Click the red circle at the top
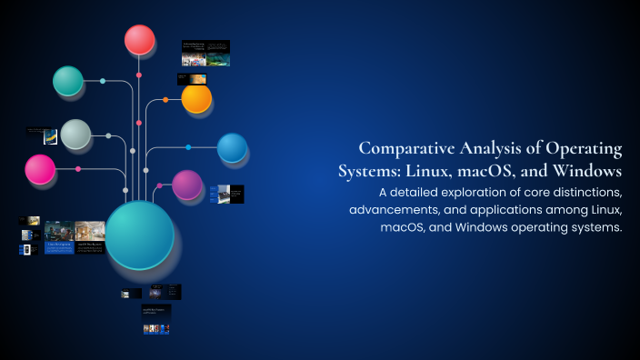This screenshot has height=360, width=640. click(139, 40)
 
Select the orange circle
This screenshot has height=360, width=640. click(196, 98)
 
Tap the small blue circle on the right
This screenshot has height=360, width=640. click(232, 147)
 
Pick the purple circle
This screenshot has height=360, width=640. click(187, 185)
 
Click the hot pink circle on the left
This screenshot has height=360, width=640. click(40, 169)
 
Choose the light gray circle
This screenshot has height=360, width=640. click(75, 135)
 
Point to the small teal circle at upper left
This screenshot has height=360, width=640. click(68, 81)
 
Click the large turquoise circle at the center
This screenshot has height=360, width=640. click(140, 235)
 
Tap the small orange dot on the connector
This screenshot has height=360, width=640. click(165, 100)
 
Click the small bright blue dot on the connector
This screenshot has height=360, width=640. click(188, 147)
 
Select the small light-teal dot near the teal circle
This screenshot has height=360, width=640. click(102, 82)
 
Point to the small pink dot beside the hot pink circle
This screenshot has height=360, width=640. click(78, 169)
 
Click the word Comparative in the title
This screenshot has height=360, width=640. click(404, 148)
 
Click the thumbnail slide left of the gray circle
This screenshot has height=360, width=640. click(43, 135)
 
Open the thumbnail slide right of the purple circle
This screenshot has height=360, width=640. click(226, 194)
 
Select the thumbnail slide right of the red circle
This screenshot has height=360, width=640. click(205, 53)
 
